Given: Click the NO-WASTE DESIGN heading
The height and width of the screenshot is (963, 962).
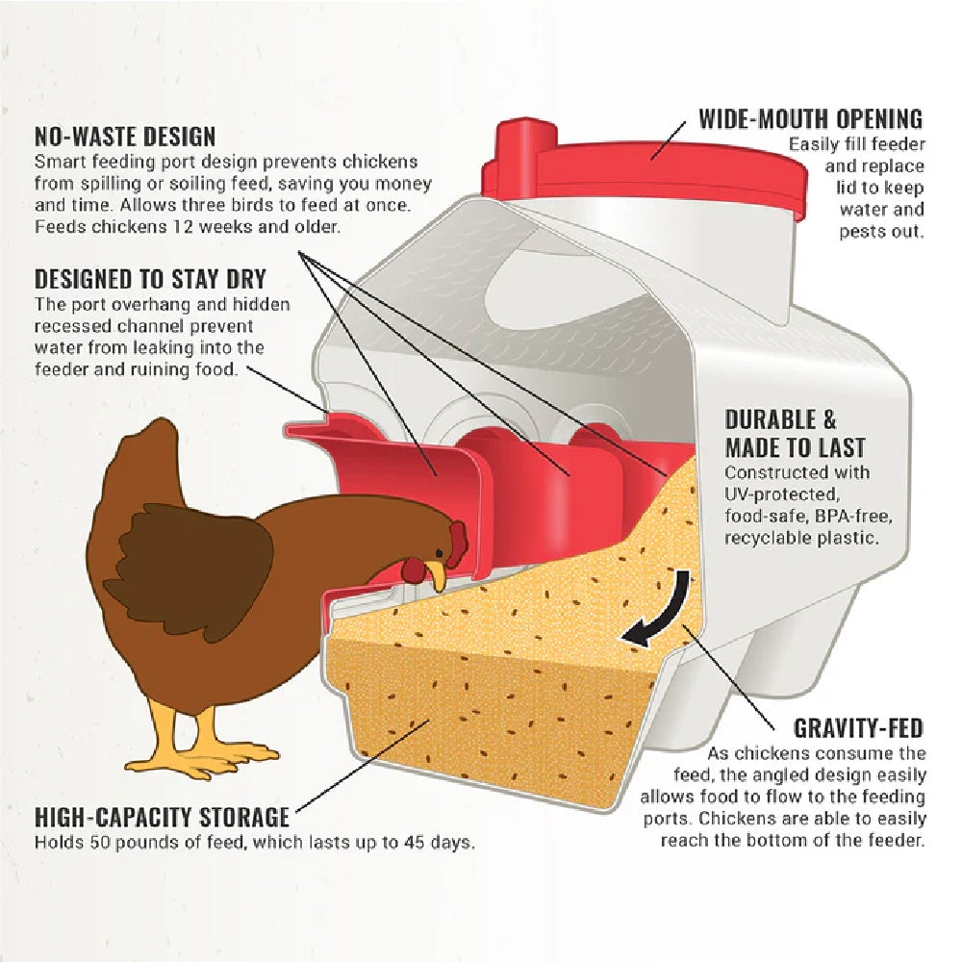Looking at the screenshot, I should pos(125,137).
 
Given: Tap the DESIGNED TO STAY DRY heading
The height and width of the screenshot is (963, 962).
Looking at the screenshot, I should pos(150,280).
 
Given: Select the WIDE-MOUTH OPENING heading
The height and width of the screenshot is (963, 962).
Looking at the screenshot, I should pos(810,119).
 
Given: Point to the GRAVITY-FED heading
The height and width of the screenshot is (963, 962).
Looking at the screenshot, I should pos(859,727).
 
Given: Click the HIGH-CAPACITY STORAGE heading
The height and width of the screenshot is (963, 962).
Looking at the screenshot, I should pos(162,818).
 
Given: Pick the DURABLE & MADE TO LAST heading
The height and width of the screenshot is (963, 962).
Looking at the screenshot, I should pos(795,434).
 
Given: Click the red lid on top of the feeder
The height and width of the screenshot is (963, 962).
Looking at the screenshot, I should pos(643,164).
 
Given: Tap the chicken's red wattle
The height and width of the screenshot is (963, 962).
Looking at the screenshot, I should pos(414,570).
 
